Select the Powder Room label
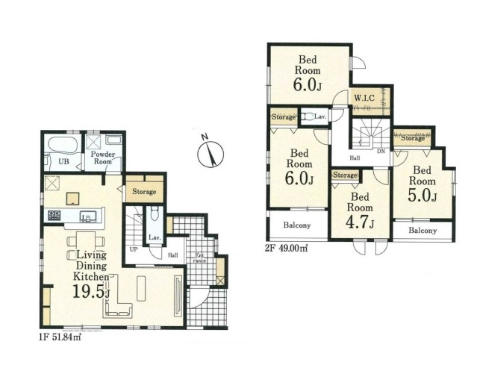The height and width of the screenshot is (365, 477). pyautogui.click(x=103, y=157)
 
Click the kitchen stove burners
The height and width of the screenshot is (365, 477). pyautogui.click(x=54, y=216)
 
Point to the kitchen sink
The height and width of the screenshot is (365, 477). pyautogui.click(x=88, y=216)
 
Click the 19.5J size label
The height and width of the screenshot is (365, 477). pyautogui.click(x=91, y=293)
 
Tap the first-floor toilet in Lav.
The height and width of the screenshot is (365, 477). pyautogui.click(x=155, y=214)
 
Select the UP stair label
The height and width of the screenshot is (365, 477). pyautogui.click(x=134, y=249)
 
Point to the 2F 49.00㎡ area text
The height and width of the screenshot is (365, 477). pyautogui.click(x=286, y=249)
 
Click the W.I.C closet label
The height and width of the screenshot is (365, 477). pyautogui.click(x=364, y=98)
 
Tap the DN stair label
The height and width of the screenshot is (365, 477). pyautogui.click(x=381, y=151)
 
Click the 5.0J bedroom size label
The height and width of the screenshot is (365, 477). pyautogui.click(x=423, y=196)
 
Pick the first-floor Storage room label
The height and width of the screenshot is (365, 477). pyautogui.click(x=144, y=192)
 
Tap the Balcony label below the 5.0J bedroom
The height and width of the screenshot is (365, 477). pyautogui.click(x=423, y=230)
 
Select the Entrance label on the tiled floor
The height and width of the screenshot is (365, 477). pyautogui.click(x=199, y=258)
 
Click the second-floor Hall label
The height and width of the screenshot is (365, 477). pyautogui.click(x=355, y=157)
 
